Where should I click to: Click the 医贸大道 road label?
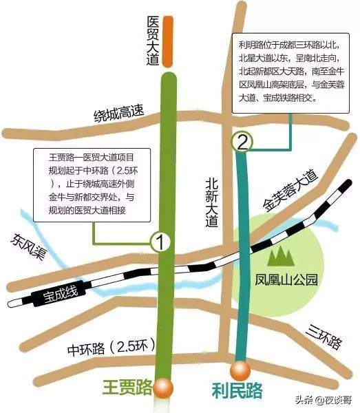tap(153, 41)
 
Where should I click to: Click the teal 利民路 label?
tap(236, 391)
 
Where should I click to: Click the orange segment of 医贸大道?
tap(167, 39)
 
